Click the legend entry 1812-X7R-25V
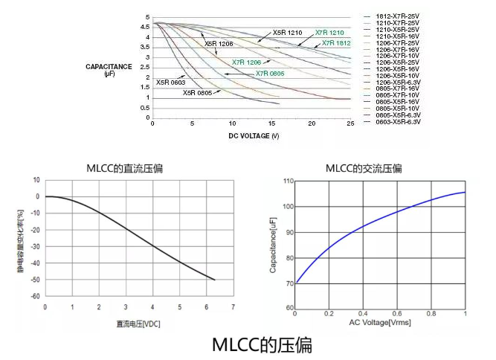(398, 16)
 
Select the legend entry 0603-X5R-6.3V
(398, 121)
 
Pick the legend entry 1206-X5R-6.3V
(398, 82)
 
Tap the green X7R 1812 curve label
(336, 43)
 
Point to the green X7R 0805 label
(270, 74)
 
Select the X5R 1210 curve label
(287, 33)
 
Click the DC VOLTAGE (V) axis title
(254, 136)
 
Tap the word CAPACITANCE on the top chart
(109, 66)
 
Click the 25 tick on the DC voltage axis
(350, 123)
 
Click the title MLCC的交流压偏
(364, 168)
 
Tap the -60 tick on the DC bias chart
(34, 296)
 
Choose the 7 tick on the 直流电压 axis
(233, 306)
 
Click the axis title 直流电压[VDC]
(138, 324)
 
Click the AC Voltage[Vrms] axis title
(379, 322)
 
